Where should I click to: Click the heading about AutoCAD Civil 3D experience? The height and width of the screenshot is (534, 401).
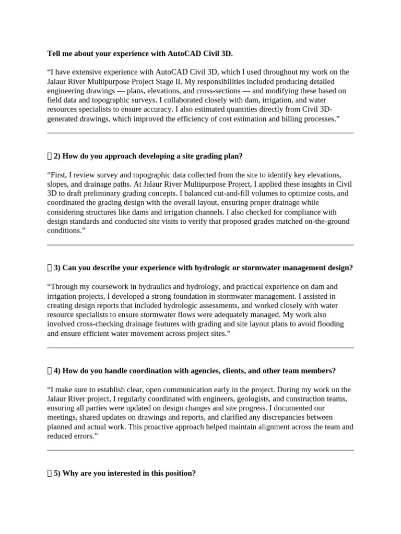coord(140,53)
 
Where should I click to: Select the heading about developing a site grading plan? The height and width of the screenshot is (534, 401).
coord(148,156)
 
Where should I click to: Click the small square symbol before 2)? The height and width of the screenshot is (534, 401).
coord(50,156)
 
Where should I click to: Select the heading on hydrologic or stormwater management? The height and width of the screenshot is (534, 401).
coord(204,268)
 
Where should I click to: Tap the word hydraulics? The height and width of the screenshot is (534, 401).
coord(151,287)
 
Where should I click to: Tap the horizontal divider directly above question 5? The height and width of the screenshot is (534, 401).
coord(200,450)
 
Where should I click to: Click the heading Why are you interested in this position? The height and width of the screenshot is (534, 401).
coord(125,474)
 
